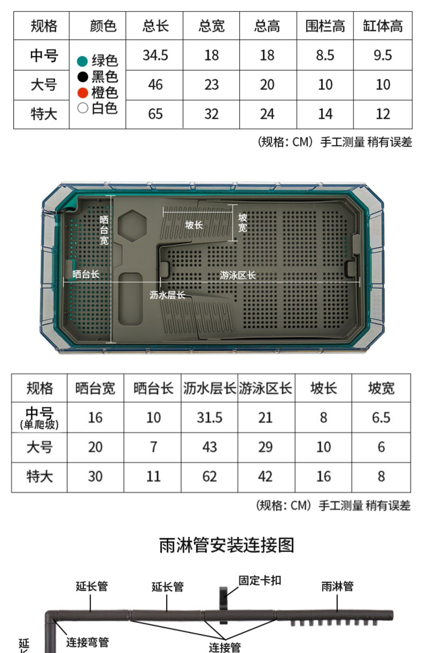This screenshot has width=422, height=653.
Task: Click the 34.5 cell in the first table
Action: [155, 55]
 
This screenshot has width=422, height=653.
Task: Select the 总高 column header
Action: [267, 26]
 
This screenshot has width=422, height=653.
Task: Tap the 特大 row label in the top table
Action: [44, 114]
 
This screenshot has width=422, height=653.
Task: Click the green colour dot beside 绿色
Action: [83, 61]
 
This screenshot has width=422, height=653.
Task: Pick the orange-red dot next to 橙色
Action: [83, 93]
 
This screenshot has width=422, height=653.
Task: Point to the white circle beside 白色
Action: [83, 108]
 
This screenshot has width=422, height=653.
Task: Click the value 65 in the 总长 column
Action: [155, 114]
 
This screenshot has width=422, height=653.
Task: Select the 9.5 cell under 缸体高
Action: [383, 55]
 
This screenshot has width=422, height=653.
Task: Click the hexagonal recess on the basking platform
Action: [132, 226]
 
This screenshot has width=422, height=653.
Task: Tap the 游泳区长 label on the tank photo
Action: [238, 275]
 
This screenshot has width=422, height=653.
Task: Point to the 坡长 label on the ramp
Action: [194, 225]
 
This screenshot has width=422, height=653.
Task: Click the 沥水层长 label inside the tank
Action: [167, 295]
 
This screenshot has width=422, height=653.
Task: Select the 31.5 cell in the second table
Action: [209, 418]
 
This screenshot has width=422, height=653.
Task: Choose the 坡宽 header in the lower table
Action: [381, 388]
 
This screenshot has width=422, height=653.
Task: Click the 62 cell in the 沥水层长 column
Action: [209, 476]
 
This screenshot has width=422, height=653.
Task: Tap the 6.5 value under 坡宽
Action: [381, 418]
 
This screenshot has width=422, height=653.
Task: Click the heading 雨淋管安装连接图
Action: [226, 545]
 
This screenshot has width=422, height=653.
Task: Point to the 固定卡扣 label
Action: [260, 581]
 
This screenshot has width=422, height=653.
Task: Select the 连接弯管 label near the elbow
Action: [87, 642]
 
